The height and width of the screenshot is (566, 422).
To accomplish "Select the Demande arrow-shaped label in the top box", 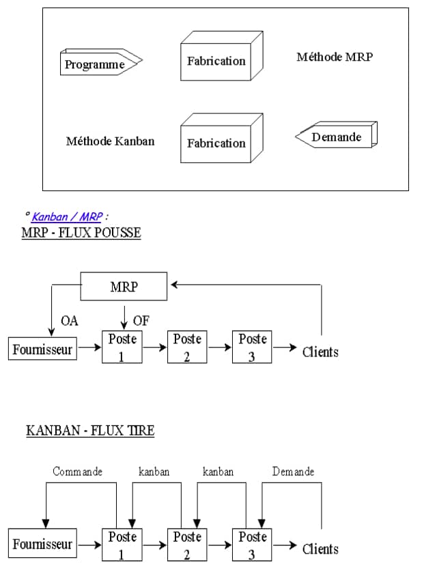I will (336, 137).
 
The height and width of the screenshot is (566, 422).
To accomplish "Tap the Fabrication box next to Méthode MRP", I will (216, 61).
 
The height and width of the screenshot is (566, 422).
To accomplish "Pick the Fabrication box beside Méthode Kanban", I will (216, 143).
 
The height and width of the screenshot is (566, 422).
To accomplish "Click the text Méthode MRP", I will (335, 57).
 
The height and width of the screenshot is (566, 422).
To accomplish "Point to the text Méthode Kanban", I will (110, 141).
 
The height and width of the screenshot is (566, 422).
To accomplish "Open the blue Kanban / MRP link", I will (67, 216).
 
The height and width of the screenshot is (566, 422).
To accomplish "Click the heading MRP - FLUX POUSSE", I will (81, 233).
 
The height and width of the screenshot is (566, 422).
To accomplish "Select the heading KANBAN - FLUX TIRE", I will (90, 430).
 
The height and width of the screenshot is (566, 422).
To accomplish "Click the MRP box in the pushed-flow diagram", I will (124, 287).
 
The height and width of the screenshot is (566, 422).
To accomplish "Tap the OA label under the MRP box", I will (70, 321).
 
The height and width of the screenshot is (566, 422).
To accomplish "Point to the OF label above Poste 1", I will (141, 321).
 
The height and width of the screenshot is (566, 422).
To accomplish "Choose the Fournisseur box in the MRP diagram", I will (42, 350).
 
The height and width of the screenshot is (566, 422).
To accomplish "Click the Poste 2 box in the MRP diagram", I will (187, 348).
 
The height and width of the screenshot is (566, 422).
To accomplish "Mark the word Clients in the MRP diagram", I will (320, 352).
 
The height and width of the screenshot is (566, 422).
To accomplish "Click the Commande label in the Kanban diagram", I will (78, 472).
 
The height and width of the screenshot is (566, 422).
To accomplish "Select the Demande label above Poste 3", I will (293, 472).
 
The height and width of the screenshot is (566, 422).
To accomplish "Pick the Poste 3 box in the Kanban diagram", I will (252, 545).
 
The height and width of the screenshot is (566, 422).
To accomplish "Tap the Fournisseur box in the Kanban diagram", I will (42, 545).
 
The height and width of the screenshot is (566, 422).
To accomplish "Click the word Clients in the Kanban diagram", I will (320, 548).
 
